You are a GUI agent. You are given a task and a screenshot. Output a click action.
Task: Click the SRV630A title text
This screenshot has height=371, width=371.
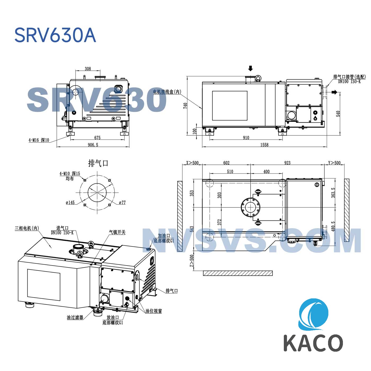click(55, 35)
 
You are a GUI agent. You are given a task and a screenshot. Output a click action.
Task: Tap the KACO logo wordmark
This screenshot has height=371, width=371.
click(313, 343)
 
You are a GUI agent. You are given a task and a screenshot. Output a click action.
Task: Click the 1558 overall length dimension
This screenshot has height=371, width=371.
click(264, 145)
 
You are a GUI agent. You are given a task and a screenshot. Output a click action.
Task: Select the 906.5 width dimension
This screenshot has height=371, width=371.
click(93, 145)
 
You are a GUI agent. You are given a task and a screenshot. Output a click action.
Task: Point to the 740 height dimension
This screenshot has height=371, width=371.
click(185, 106)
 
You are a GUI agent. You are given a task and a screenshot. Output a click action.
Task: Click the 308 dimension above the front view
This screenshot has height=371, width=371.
click(88, 69)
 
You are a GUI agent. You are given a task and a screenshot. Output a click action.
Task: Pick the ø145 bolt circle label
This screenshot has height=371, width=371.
click(70, 202)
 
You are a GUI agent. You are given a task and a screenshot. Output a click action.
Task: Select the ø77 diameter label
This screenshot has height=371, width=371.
click(122, 202)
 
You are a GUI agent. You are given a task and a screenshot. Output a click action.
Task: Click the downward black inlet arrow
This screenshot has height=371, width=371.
click(250, 68)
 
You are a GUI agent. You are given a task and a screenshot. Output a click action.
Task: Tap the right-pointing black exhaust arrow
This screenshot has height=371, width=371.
click(334, 92)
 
